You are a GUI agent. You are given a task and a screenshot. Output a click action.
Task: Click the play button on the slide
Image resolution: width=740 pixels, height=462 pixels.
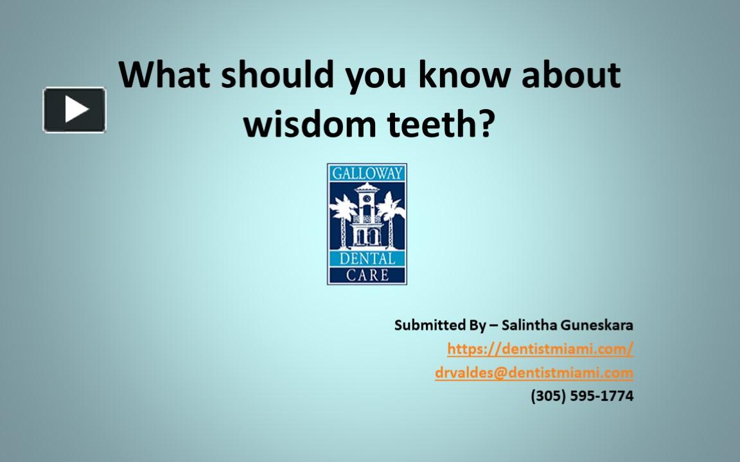(75, 110)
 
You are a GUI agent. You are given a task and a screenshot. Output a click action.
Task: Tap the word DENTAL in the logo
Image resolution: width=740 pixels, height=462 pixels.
(367, 260)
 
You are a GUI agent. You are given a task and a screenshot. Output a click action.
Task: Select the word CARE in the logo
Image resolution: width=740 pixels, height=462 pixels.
(367, 275)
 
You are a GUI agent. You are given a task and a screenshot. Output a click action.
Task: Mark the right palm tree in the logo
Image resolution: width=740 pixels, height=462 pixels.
(391, 215)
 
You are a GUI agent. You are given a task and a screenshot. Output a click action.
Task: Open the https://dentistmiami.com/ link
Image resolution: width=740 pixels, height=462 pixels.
(540, 349)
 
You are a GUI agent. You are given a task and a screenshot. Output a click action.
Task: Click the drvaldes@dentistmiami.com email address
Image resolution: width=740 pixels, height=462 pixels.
(534, 373)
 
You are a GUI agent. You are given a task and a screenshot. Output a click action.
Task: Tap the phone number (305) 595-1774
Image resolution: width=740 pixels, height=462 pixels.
(582, 396)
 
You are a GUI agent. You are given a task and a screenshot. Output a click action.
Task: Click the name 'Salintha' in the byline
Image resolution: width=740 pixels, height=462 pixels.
(529, 325)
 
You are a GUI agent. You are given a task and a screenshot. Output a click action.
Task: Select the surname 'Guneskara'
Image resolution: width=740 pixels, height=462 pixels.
(597, 325)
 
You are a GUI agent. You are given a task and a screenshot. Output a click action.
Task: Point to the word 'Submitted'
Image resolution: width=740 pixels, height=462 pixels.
(430, 325)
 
